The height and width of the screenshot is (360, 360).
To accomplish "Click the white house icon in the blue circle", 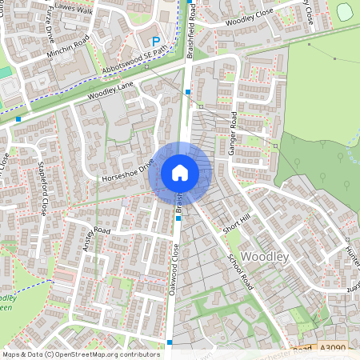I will click(x=180, y=172).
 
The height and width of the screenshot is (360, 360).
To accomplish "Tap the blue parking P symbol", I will click(x=156, y=41).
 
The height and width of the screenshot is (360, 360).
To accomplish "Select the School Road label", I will click(x=240, y=273).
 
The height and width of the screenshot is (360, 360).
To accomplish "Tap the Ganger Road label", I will click(x=234, y=131).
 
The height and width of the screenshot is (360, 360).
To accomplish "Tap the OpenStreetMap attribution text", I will click(x=81, y=354).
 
